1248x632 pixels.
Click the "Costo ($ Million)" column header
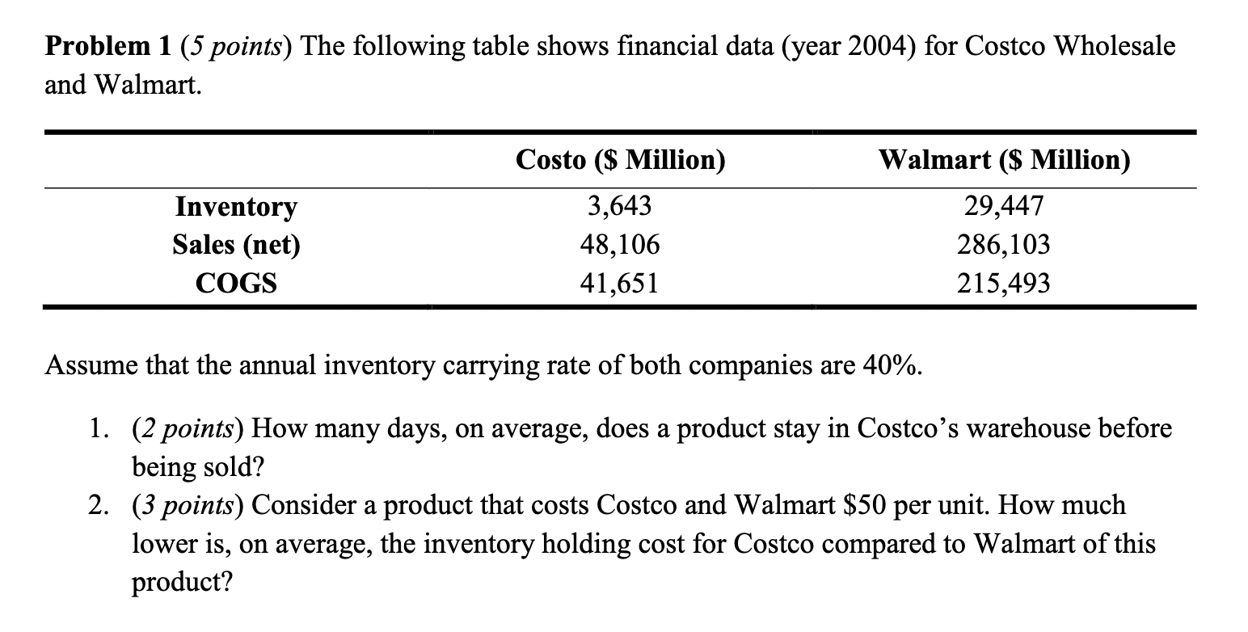pos(620,161)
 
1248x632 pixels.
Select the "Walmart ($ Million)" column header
pos(1004,161)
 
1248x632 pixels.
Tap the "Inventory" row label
pos(236,208)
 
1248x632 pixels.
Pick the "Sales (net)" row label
pos(236,245)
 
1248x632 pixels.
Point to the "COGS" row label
pos(236,283)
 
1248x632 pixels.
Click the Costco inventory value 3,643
pos(619,207)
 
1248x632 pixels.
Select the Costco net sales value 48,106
pos(619,244)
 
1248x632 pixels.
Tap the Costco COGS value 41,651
pos(619,283)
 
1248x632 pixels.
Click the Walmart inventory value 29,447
pos(1004,207)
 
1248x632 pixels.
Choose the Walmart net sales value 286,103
pos(1004,244)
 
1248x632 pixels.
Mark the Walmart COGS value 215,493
pos(1004,283)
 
